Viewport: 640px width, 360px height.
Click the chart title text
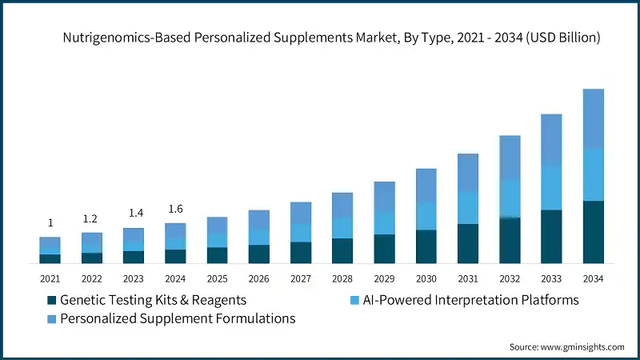(x=331, y=38)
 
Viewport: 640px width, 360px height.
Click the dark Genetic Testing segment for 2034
(x=593, y=232)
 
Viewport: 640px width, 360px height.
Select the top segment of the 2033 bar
(x=551, y=139)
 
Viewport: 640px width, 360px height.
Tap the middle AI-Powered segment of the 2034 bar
(x=593, y=174)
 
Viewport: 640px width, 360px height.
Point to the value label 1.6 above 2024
(x=175, y=210)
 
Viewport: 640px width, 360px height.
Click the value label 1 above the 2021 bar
(x=50, y=223)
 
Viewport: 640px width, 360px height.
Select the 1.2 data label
(x=92, y=218)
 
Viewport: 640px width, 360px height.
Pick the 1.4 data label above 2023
(x=134, y=214)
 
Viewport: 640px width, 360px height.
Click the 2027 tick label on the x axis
(x=301, y=278)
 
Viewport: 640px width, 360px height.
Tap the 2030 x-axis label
(x=426, y=278)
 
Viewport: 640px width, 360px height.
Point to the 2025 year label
(x=217, y=278)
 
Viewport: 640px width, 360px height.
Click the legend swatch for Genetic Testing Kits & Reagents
(x=52, y=300)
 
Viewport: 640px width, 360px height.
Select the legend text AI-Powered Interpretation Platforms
(x=470, y=300)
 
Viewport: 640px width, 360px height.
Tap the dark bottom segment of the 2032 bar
(x=510, y=240)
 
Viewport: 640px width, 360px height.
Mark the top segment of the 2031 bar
(x=468, y=173)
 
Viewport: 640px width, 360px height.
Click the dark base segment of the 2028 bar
(x=342, y=250)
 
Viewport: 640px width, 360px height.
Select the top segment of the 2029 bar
(x=384, y=196)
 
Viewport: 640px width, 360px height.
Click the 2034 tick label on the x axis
(x=593, y=278)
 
